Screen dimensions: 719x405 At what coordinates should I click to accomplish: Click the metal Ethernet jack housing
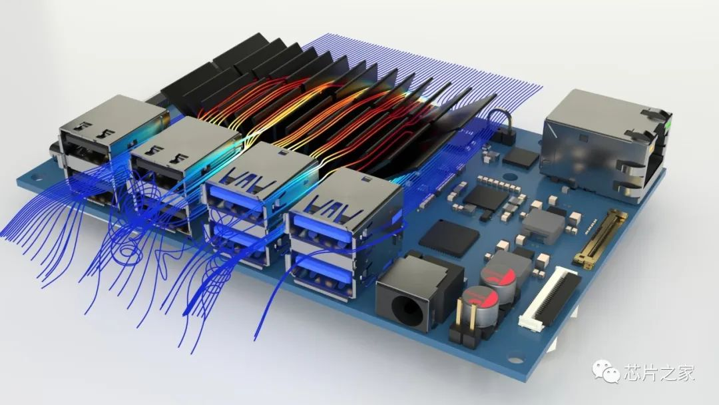[x=603, y=145]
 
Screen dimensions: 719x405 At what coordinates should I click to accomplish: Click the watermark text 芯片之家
[x=659, y=372]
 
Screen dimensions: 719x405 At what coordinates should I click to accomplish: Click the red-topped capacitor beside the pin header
[x=478, y=306]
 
